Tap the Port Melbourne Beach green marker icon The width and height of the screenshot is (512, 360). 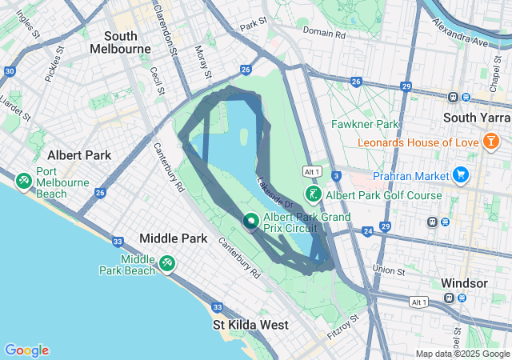coord(24,182)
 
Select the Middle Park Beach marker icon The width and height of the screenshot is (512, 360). coord(167,262)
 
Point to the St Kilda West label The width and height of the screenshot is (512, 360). coord(250,325)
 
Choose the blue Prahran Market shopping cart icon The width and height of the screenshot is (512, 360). coord(460,174)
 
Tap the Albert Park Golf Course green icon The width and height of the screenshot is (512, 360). coord(314,194)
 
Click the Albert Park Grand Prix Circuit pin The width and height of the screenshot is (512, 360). coord(250,220)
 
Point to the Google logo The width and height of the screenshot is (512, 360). coord(26,350)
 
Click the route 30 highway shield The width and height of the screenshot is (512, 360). coord(9,71)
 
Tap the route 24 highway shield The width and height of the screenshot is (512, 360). coord(367,231)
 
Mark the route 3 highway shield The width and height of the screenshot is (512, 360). coord(337,174)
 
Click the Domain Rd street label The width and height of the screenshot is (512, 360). coord(324,34)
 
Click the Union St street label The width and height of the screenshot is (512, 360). coord(389,269)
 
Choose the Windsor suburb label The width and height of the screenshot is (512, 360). coord(464,283)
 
